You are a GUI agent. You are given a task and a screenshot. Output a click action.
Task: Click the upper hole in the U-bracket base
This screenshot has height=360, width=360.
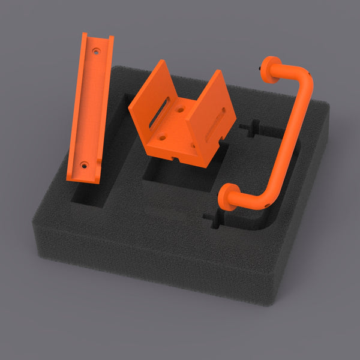pyautogui.click(x=181, y=110)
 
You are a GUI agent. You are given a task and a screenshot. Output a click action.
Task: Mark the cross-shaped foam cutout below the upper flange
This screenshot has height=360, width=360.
pyautogui.click(x=251, y=127)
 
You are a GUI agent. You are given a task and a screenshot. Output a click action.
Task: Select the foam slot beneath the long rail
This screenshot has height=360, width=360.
pyautogui.click(x=90, y=195)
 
